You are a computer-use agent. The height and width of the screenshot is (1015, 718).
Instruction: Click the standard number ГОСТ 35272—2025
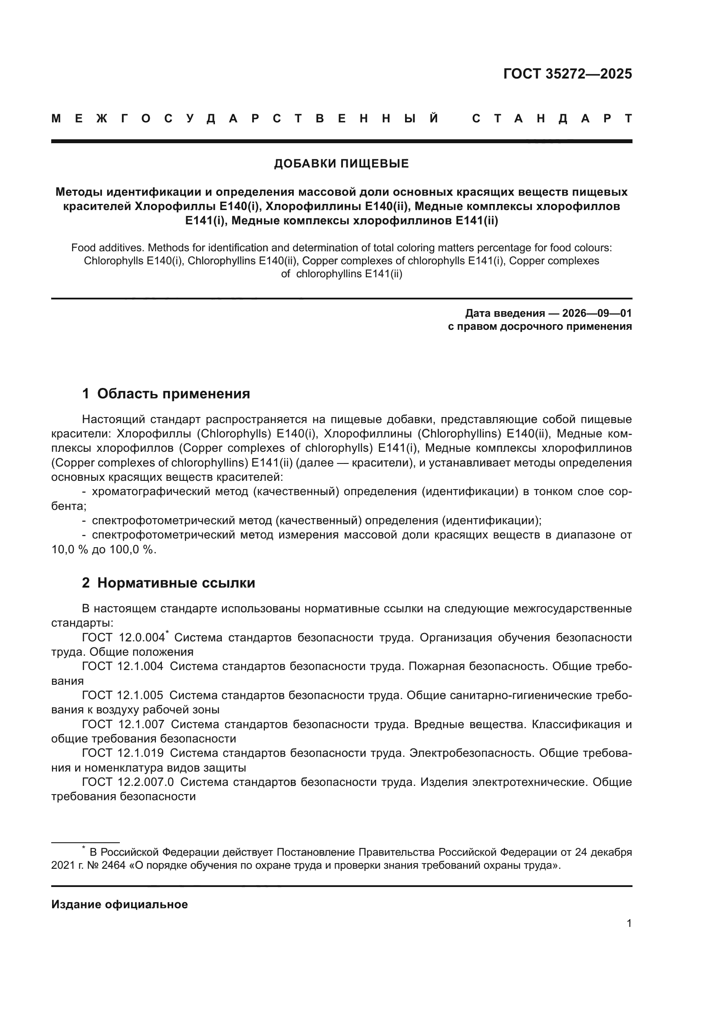(x=567, y=74)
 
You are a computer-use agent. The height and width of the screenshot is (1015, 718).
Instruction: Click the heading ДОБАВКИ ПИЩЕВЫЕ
(x=341, y=164)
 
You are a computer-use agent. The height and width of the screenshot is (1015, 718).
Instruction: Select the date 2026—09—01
(x=597, y=313)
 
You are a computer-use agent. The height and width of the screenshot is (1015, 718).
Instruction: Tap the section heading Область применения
(x=173, y=394)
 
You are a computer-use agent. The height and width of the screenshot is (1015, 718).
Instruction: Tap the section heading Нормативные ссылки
(x=176, y=583)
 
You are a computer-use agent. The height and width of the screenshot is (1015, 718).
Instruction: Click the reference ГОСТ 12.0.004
(x=123, y=637)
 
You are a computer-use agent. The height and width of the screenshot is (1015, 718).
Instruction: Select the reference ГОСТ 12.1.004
(x=122, y=666)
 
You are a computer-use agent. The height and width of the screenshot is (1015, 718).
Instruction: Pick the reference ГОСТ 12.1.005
(x=122, y=695)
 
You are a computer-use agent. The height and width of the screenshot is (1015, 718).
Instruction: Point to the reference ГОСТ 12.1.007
(x=123, y=724)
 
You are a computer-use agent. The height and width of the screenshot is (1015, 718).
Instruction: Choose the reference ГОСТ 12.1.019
(x=122, y=753)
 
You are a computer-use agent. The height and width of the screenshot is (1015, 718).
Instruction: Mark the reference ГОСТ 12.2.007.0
(x=128, y=782)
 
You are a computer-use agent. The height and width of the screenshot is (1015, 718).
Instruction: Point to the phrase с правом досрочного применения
(x=540, y=327)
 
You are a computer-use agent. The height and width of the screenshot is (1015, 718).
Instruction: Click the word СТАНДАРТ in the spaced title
(x=552, y=118)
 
